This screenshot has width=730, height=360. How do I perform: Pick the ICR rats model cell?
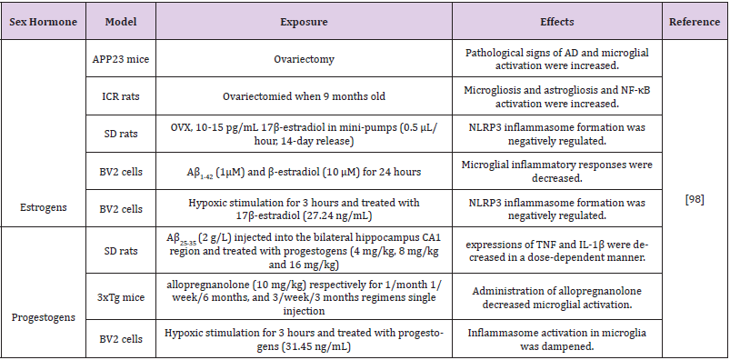[121, 96]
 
